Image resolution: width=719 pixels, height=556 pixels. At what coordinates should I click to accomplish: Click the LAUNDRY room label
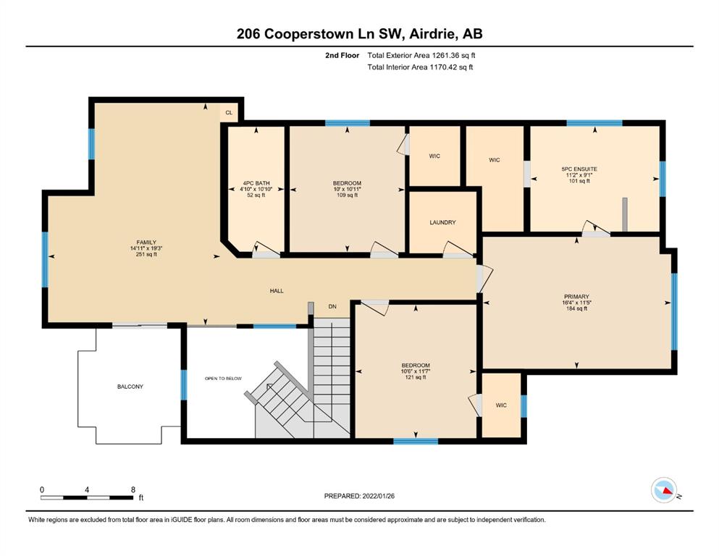point(442,222)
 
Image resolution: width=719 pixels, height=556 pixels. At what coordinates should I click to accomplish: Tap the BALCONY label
point(130,387)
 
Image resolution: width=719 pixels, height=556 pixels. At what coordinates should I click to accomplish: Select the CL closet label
point(229,112)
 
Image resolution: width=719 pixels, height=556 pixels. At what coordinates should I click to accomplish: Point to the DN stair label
point(332,306)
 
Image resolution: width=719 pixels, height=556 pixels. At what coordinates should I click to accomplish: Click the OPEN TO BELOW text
point(223,379)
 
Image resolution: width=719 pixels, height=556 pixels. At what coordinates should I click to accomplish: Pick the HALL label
point(277,290)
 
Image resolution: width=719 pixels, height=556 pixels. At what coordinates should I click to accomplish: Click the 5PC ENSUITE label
point(579,169)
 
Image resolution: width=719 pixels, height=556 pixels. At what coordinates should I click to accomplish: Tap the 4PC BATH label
point(256,183)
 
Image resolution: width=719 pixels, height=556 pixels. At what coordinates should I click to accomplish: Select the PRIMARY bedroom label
point(576,297)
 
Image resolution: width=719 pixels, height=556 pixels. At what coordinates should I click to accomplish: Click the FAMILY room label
point(146,243)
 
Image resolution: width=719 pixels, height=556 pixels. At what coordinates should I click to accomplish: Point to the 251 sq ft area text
point(146,254)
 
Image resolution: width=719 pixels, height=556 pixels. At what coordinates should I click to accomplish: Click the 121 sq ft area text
point(416,377)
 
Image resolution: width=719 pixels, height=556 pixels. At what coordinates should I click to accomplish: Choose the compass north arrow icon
point(664,490)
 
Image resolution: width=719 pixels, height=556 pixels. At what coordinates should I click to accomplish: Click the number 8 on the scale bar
point(133,489)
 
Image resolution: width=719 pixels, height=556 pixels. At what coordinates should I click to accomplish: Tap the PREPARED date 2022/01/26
point(378,496)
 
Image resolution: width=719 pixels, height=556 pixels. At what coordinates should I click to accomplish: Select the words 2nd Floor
point(342,56)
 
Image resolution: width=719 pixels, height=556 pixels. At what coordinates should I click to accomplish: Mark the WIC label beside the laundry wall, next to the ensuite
point(495,160)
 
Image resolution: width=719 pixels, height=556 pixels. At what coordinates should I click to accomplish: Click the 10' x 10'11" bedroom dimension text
point(347,189)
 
